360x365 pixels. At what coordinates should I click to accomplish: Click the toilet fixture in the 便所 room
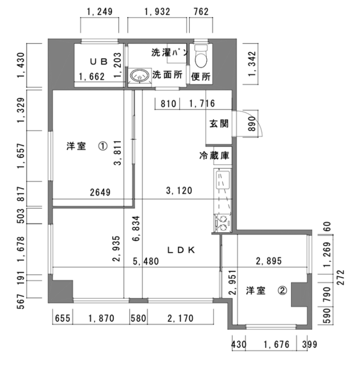pyautogui.click(x=201, y=56)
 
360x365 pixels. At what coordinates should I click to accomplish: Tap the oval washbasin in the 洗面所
pyautogui.click(x=140, y=75)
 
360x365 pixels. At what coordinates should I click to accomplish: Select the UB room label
pyautogui.click(x=99, y=62)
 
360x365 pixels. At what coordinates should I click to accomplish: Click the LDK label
pyautogui.click(x=181, y=250)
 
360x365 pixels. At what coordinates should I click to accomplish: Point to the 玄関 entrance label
pyautogui.click(x=219, y=124)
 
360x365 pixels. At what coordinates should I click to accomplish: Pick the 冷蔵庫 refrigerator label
pyautogui.click(x=214, y=156)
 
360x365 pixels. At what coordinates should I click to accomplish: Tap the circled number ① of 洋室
pyautogui.click(x=103, y=146)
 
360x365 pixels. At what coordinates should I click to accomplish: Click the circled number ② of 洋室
pyautogui.click(x=283, y=290)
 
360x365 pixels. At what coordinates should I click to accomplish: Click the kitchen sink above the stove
pyautogui.click(x=223, y=180)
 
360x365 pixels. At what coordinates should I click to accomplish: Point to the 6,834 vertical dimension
pyautogui.click(x=136, y=228)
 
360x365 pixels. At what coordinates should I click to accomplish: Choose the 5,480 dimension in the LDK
pyautogui.click(x=146, y=261)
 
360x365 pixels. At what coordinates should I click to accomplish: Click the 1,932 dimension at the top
pyautogui.click(x=157, y=11)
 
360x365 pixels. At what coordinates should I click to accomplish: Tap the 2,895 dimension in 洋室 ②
pyautogui.click(x=269, y=261)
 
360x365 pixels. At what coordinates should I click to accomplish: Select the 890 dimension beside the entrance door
pyautogui.click(x=252, y=124)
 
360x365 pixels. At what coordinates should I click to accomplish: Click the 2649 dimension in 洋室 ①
pyautogui.click(x=100, y=192)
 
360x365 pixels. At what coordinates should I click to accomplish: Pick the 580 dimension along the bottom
pyautogui.click(x=138, y=318)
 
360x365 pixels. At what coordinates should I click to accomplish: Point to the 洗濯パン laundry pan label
pyautogui.click(x=169, y=52)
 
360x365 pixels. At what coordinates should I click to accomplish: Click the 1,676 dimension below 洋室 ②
pyautogui.click(x=276, y=344)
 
